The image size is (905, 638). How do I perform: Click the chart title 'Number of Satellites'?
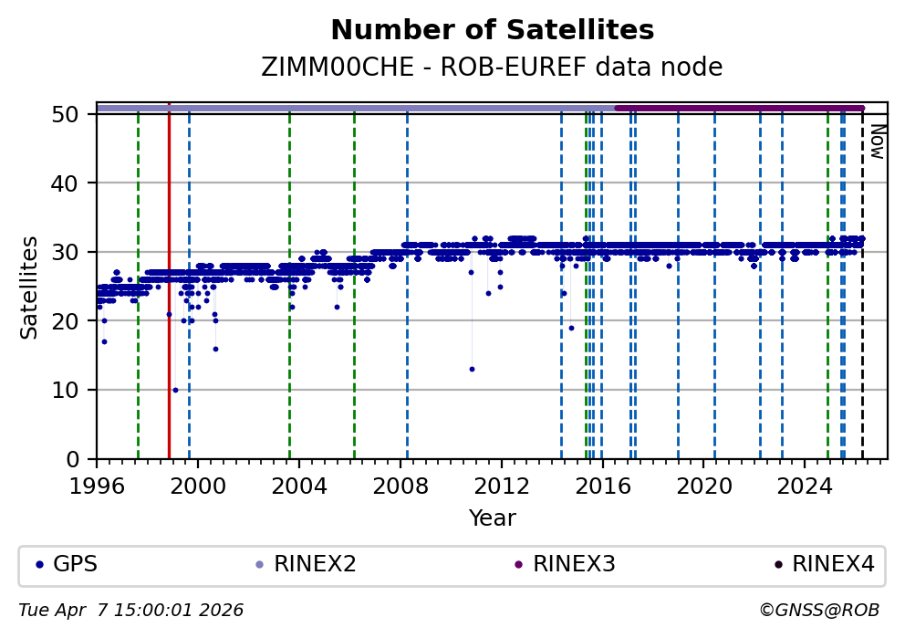point(492,31)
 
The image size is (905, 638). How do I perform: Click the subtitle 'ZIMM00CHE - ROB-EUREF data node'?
point(492,68)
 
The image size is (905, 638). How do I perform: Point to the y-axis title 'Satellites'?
point(30,287)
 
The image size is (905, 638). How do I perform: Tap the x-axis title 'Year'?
point(492,518)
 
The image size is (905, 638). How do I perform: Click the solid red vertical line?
point(169,274)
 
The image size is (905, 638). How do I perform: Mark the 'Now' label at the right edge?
point(877,141)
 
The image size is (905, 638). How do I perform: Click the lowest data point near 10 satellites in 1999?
point(175,390)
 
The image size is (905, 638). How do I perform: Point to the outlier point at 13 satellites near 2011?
point(472,369)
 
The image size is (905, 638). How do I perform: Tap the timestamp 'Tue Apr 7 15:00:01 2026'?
point(131,610)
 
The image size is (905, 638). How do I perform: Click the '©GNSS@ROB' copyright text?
point(818,610)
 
